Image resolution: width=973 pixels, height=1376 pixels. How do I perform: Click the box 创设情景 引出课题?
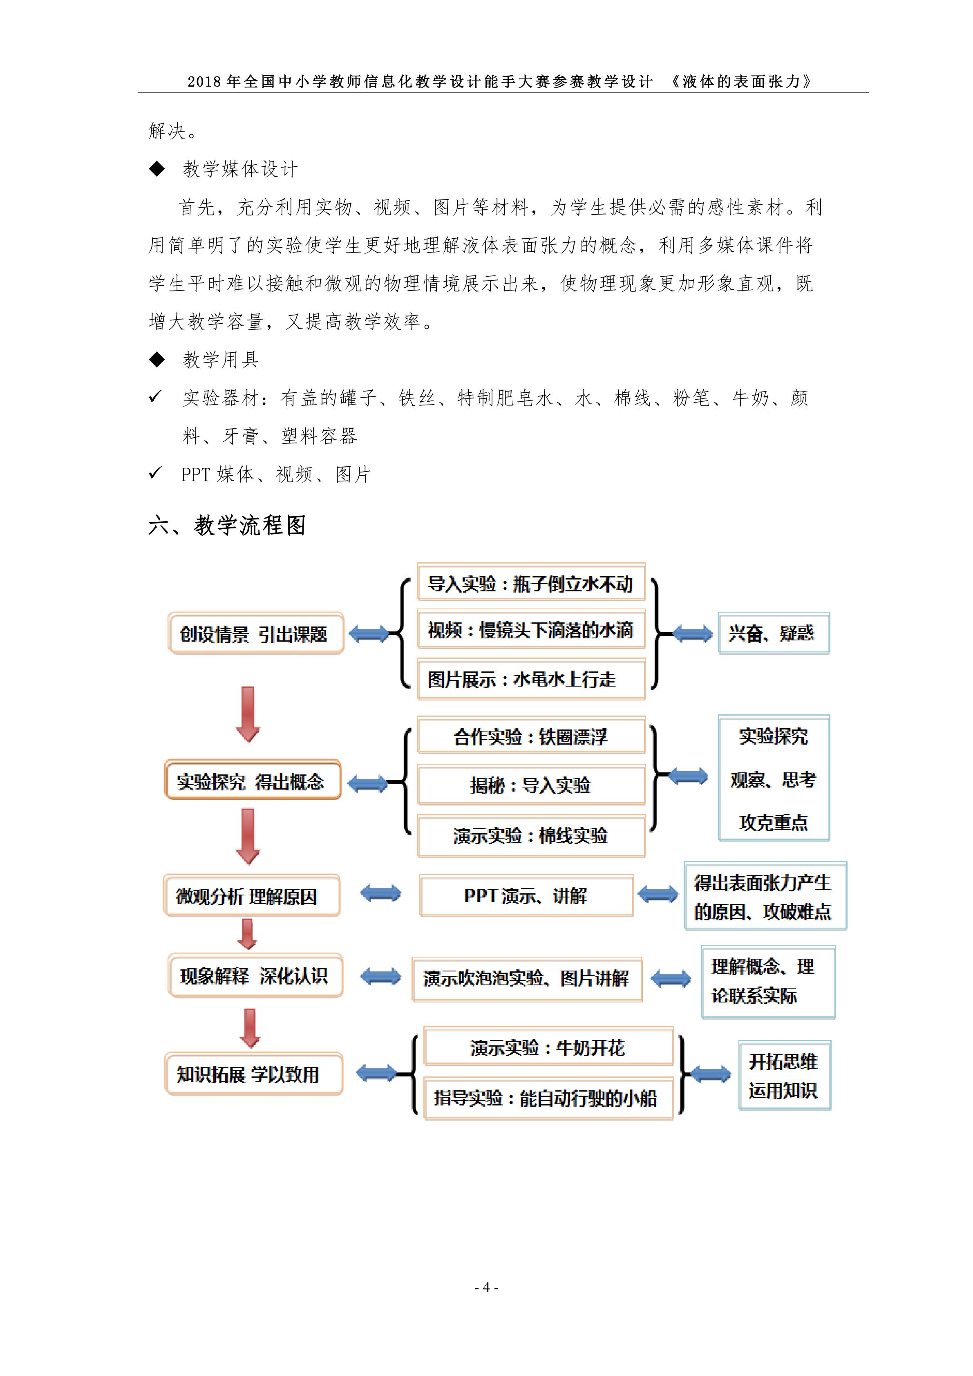click(256, 633)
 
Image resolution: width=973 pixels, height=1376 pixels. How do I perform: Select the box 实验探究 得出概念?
click(252, 780)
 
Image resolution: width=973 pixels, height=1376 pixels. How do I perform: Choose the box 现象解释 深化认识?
click(255, 976)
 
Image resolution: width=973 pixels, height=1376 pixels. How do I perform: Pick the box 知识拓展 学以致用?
click(253, 1074)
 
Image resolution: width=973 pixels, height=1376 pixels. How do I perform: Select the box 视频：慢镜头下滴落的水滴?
click(531, 630)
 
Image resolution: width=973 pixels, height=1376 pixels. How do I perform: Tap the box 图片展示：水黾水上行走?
click(531, 679)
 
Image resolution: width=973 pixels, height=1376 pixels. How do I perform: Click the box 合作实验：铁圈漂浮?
click(531, 736)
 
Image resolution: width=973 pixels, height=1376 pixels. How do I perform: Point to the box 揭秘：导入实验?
click(531, 785)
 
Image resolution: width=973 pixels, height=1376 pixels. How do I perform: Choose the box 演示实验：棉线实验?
click(531, 835)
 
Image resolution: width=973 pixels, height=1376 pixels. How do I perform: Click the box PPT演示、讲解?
click(526, 895)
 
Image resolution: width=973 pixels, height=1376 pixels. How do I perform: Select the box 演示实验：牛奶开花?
click(548, 1047)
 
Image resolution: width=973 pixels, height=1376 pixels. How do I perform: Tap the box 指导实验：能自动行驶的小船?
click(548, 1098)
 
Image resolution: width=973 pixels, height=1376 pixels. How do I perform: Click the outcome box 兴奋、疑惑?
click(774, 633)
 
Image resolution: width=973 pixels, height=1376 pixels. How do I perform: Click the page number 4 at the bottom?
click(486, 1287)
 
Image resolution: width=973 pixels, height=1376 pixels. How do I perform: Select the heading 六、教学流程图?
click(227, 526)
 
